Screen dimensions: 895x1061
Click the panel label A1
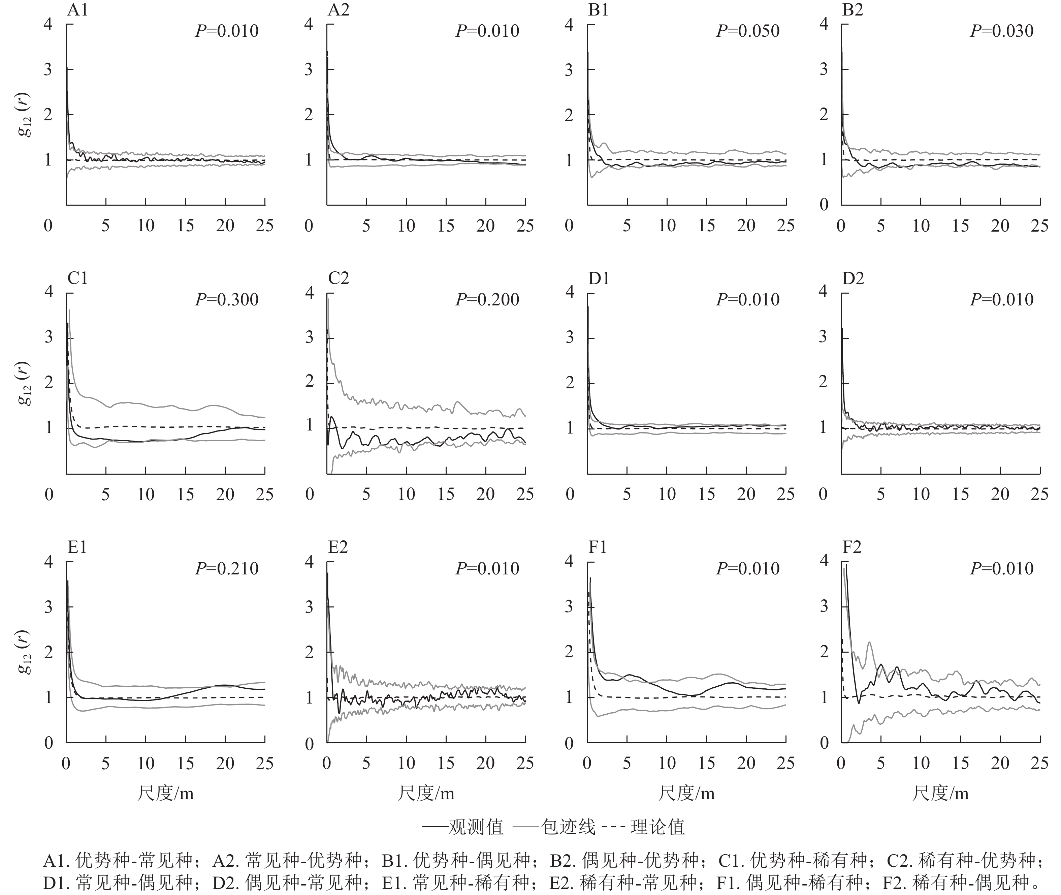(77, 10)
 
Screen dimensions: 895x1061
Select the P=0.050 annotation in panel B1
(748, 31)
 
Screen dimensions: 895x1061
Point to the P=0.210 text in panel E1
(227, 568)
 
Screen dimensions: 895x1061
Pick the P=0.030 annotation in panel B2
(1002, 31)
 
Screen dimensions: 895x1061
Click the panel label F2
(852, 547)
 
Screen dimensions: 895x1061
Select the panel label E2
(338, 547)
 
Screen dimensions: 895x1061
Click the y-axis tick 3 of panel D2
(823, 337)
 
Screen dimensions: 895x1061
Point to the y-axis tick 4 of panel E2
(309, 562)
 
